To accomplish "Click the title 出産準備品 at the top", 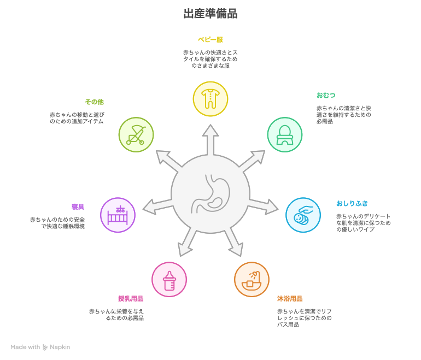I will [x=210, y=14].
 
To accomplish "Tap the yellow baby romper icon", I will [x=210, y=99].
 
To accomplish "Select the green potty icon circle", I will [x=284, y=134].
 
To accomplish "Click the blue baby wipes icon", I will [x=303, y=215].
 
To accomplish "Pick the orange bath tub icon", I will [x=252, y=279].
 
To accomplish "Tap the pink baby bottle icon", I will [x=169, y=279].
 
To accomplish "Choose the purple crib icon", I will [x=118, y=215].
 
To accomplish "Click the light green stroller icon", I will [x=136, y=134].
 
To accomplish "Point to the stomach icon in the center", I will [x=210, y=193].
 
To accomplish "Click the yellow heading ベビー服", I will [x=210, y=39].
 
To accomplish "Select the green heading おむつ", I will [x=326, y=95].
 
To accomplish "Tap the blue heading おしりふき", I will [x=352, y=203].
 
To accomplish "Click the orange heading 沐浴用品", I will [x=289, y=298].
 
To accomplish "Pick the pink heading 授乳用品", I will [x=131, y=298].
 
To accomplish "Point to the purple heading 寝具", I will [x=78, y=206].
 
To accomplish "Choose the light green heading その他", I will [x=94, y=102].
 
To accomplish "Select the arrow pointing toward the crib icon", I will [x=156, y=206].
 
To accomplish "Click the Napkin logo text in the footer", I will [x=60, y=347].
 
